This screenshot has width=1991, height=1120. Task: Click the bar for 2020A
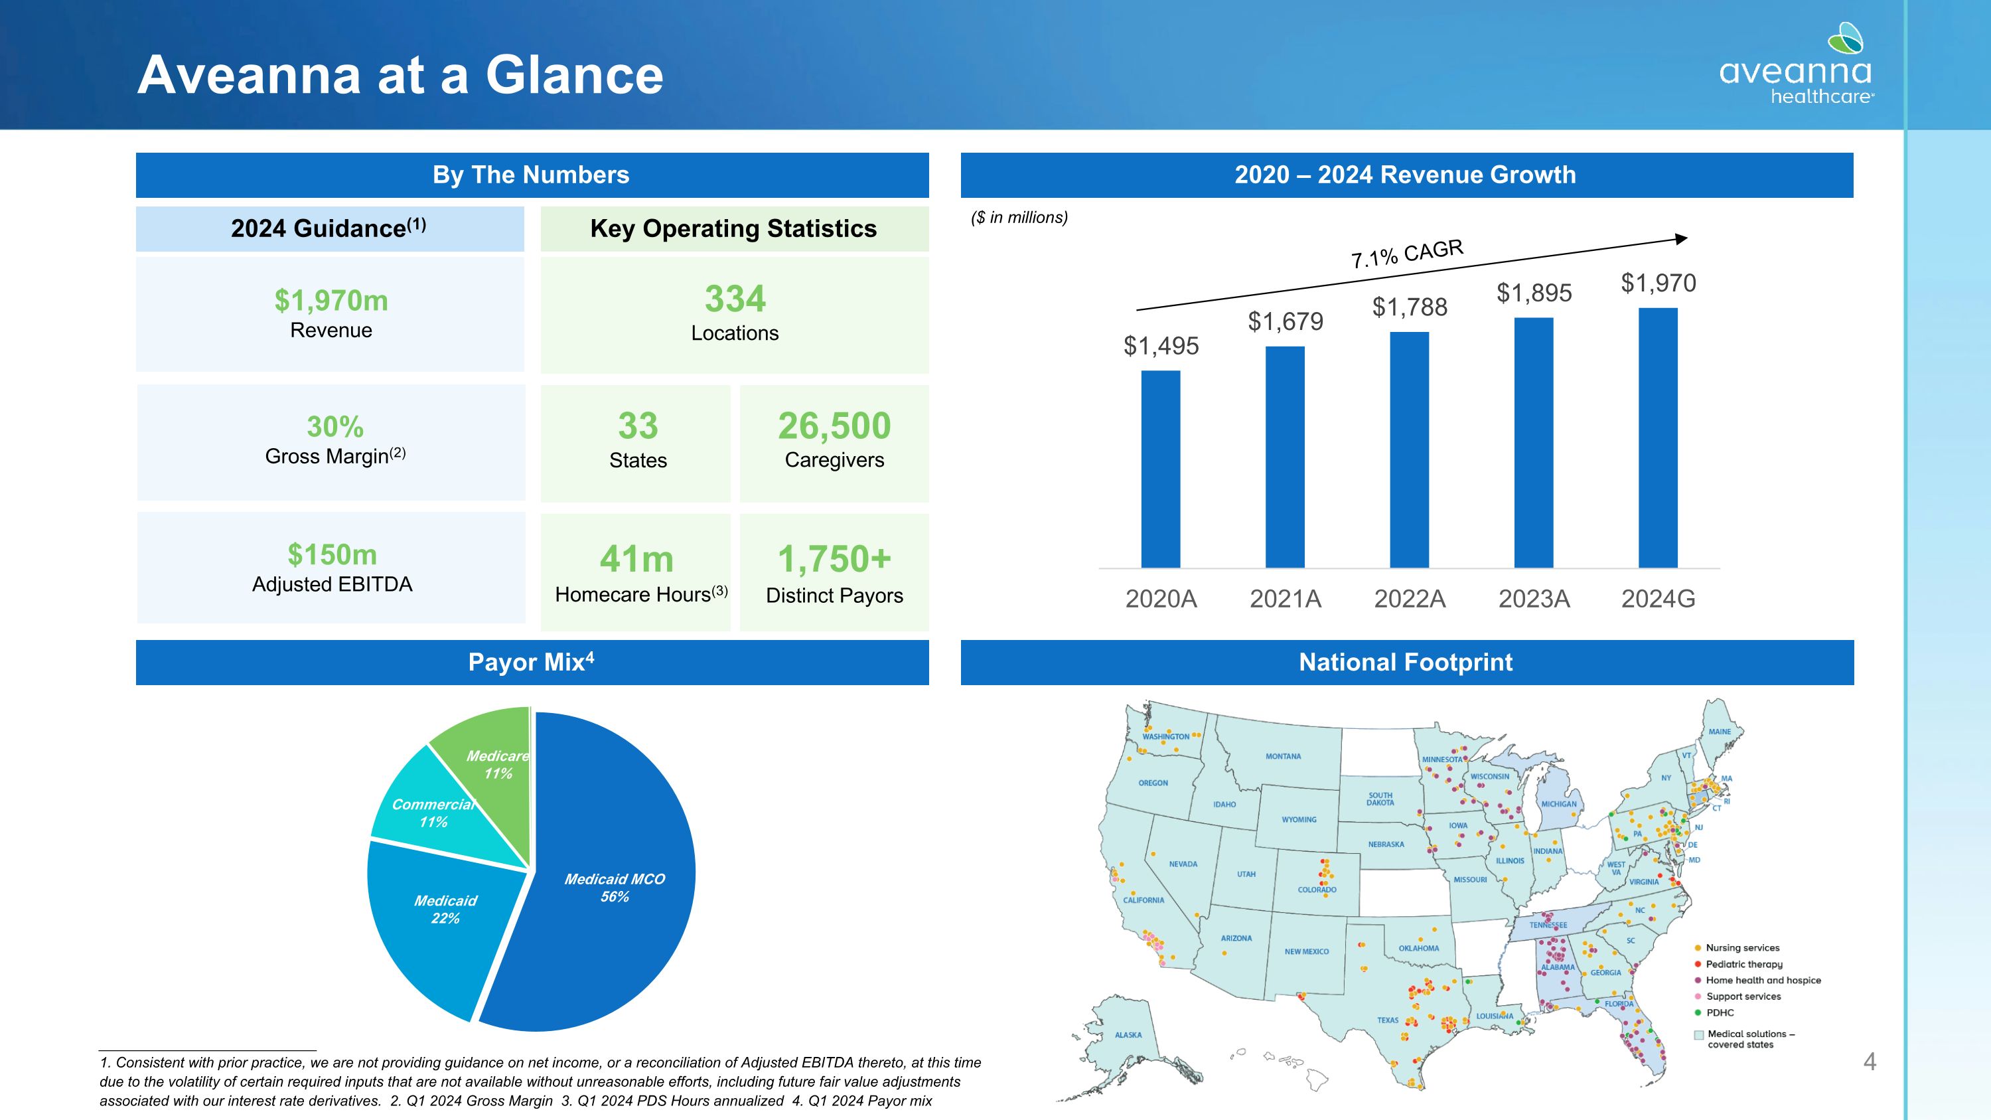[1160, 469]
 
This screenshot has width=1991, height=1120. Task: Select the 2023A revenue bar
[1534, 442]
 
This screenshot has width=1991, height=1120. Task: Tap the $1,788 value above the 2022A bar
[1409, 307]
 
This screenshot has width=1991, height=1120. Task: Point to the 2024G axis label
[1658, 599]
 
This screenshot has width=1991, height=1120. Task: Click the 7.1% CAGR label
[1407, 254]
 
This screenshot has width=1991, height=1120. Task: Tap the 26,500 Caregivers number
[834, 426]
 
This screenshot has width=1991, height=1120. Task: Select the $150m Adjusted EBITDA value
[332, 554]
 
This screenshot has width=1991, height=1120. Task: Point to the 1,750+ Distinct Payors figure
[834, 560]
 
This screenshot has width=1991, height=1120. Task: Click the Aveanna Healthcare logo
[1795, 65]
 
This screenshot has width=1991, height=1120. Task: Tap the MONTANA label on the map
[1283, 757]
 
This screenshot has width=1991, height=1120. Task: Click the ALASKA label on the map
[1128, 1035]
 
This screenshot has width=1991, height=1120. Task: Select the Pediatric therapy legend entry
[1743, 964]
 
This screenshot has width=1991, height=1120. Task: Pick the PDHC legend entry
[1720, 1012]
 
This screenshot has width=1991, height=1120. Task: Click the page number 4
[1870, 1062]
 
